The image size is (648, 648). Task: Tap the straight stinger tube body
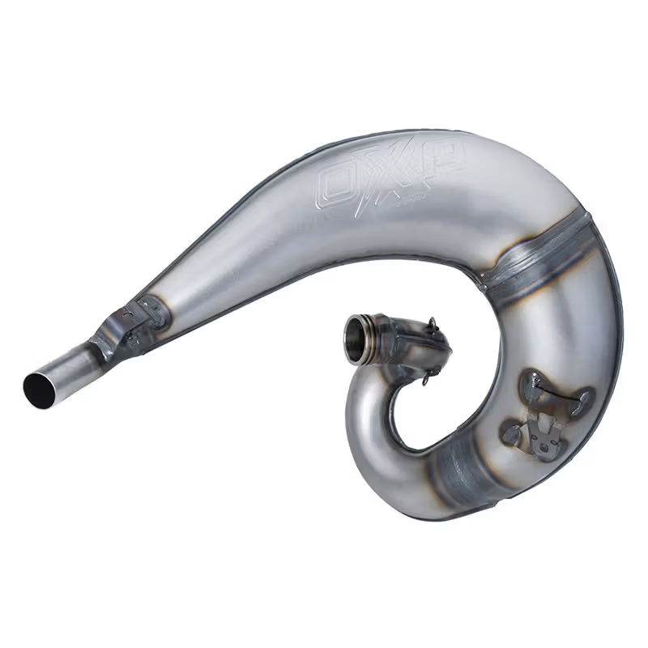[68, 369]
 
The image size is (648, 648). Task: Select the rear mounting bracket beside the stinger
[109, 334]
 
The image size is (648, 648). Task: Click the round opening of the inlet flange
[356, 330]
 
